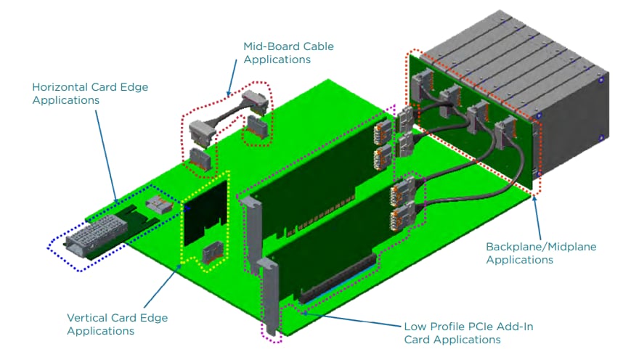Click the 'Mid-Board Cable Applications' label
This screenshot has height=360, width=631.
point(288,52)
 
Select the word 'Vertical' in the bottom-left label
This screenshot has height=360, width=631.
point(87,318)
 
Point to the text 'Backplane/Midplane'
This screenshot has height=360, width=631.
point(540,247)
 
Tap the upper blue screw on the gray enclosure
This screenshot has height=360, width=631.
point(600,81)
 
